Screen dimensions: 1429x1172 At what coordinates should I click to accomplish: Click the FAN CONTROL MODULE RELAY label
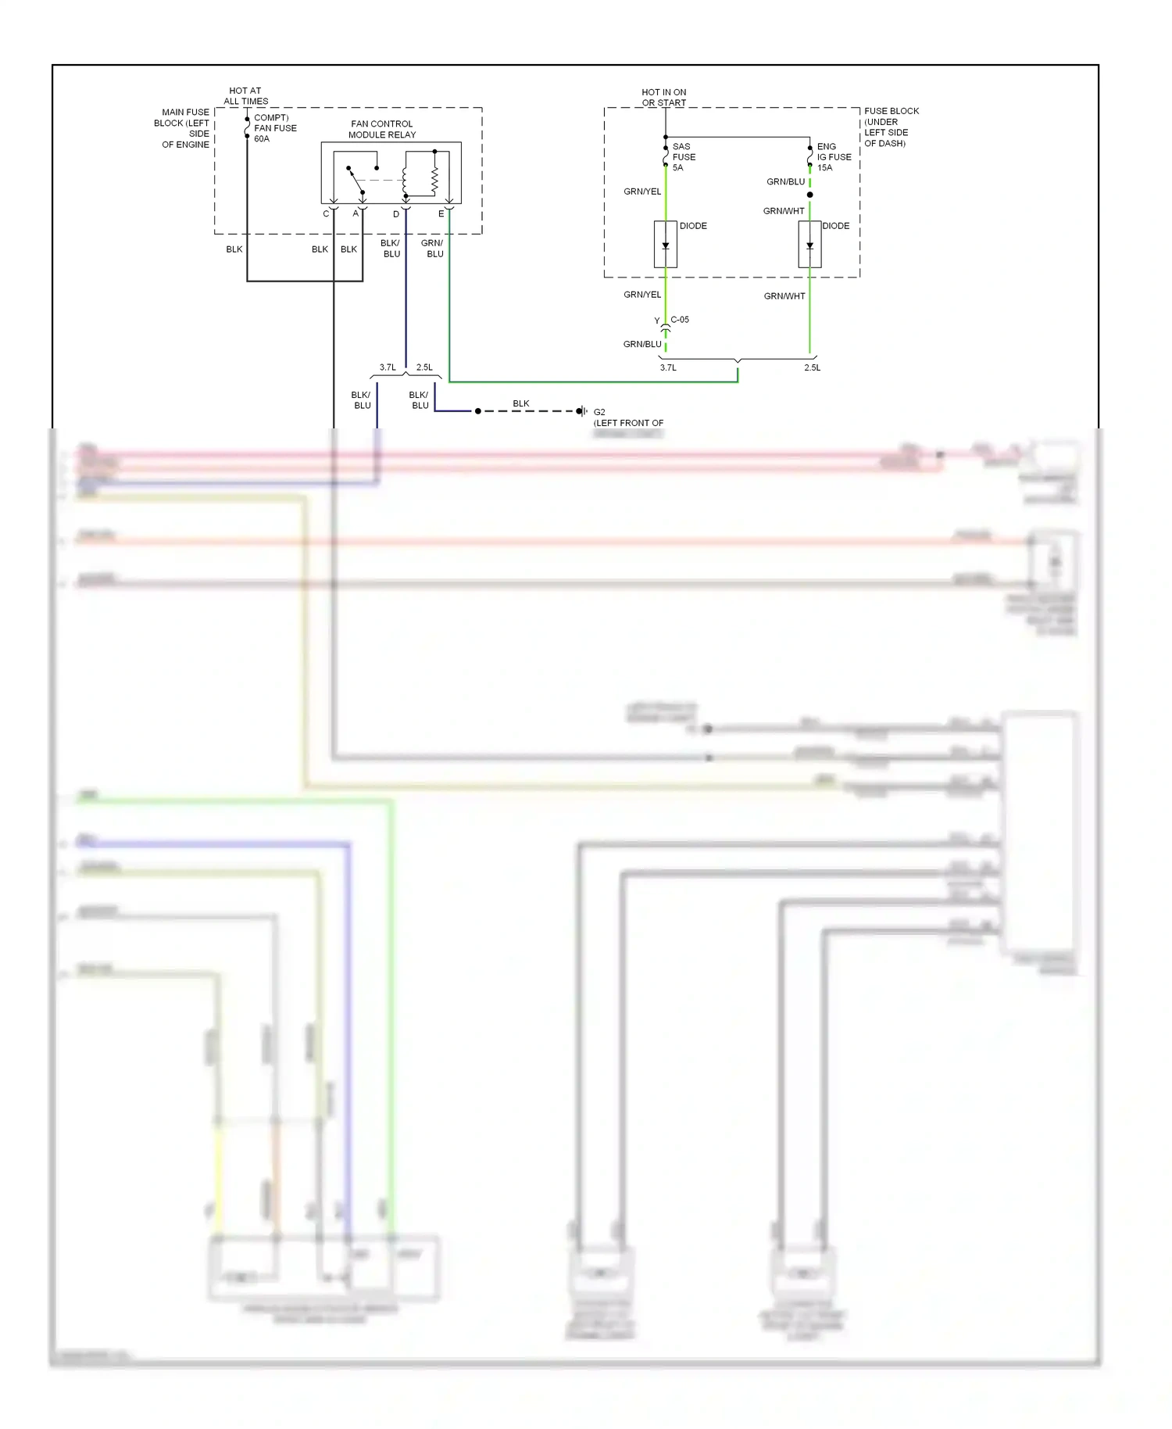[382, 129]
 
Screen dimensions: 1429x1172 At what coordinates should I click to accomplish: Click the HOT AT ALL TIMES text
[245, 96]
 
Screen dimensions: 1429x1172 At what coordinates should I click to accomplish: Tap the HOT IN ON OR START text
[664, 98]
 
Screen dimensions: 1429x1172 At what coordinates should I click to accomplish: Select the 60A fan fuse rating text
[262, 139]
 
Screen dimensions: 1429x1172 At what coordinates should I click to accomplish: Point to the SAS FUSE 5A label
[684, 157]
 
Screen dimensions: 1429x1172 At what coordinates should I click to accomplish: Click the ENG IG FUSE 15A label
[833, 157]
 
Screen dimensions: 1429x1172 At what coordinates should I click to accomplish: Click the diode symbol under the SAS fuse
[666, 245]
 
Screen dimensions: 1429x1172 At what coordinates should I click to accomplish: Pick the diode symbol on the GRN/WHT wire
[809, 245]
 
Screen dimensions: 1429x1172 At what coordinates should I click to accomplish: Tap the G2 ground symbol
[581, 411]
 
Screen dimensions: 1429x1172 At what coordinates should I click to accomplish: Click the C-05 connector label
[680, 320]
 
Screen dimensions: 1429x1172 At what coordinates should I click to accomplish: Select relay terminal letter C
[326, 214]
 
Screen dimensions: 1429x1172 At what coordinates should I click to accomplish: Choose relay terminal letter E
[441, 214]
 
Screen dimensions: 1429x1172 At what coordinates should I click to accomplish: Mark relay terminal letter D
[396, 214]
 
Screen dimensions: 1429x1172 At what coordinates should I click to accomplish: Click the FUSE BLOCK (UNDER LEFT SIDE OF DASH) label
[890, 127]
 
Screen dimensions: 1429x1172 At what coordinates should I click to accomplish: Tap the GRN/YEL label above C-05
[642, 295]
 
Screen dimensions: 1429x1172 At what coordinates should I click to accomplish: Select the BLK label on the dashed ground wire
[521, 403]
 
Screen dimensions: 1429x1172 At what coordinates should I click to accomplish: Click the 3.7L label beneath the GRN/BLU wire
[668, 367]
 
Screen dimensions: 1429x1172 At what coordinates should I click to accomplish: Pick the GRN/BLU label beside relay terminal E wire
[433, 249]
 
